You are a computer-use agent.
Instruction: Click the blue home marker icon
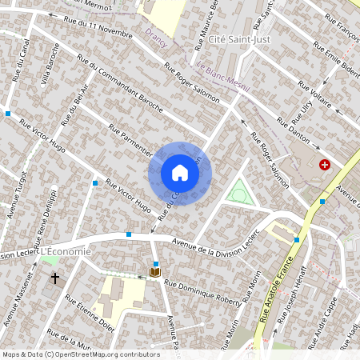pyautogui.click(x=180, y=173)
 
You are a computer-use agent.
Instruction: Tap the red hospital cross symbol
pyautogui.click(x=325, y=165)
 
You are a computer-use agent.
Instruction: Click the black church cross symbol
pyautogui.click(x=55, y=278)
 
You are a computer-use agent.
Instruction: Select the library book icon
pyautogui.click(x=154, y=272)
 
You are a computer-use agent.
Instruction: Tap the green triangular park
pyautogui.click(x=237, y=192)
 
